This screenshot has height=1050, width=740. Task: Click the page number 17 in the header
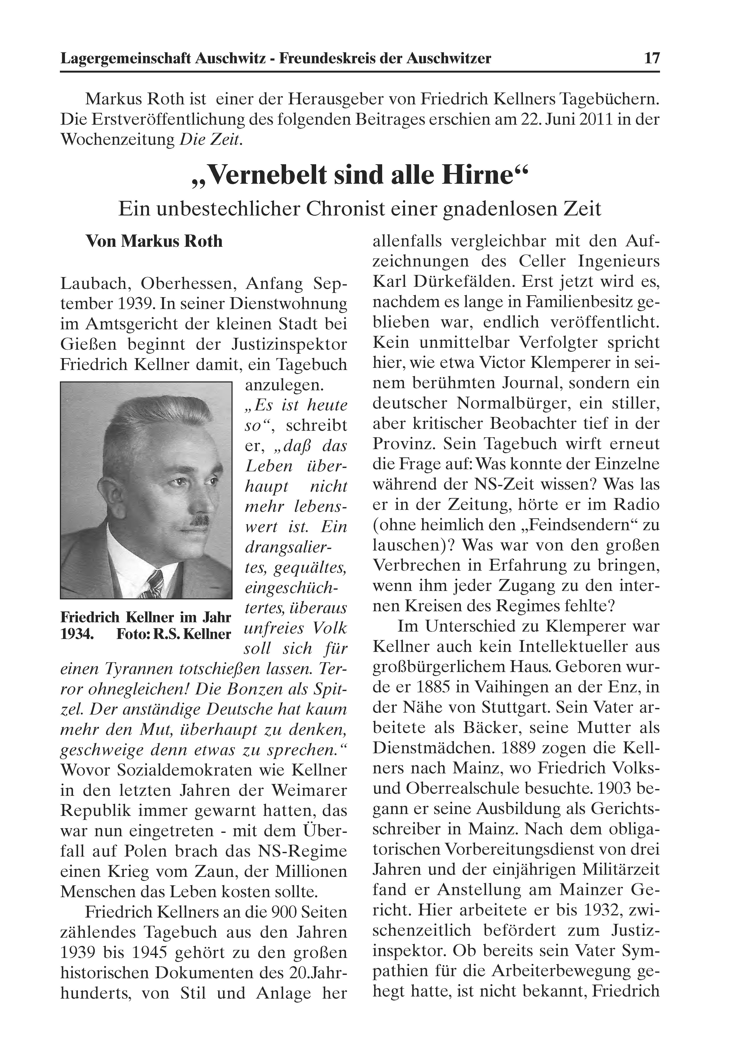pos(651,59)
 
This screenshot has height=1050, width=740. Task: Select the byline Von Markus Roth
pos(154,241)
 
